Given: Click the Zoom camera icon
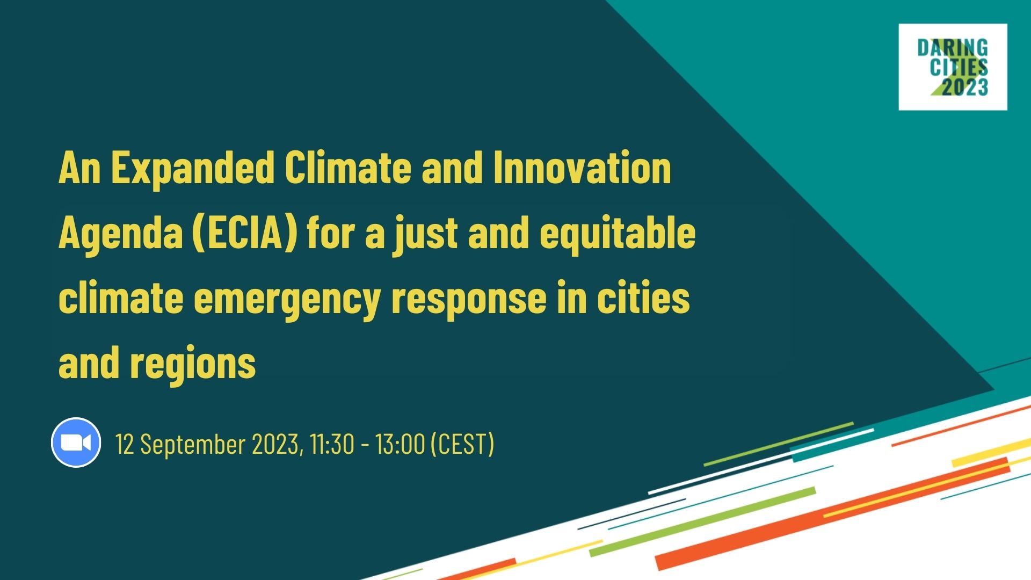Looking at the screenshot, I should (x=76, y=443).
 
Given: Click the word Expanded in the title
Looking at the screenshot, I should (x=193, y=168).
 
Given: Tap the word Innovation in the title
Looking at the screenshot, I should (x=582, y=168).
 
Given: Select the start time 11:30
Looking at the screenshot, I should (x=332, y=445).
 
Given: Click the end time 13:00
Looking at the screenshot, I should (x=400, y=445).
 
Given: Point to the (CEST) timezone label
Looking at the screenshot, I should (x=462, y=445).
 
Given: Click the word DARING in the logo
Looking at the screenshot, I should (x=953, y=49).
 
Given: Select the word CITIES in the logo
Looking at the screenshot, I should (x=959, y=68).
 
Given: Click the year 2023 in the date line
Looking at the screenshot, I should (x=275, y=445).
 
